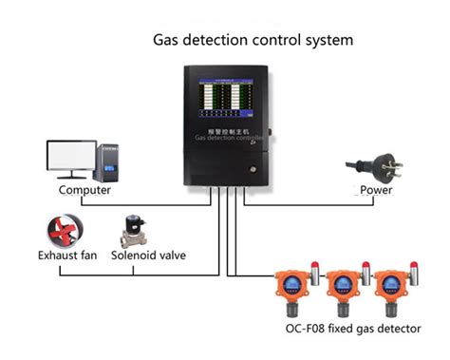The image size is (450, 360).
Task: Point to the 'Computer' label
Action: tap(84, 190)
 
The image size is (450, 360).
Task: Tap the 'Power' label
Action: tap(376, 190)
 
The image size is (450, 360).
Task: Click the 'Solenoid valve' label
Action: tap(148, 256)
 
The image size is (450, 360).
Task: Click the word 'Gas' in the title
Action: tap(168, 41)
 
